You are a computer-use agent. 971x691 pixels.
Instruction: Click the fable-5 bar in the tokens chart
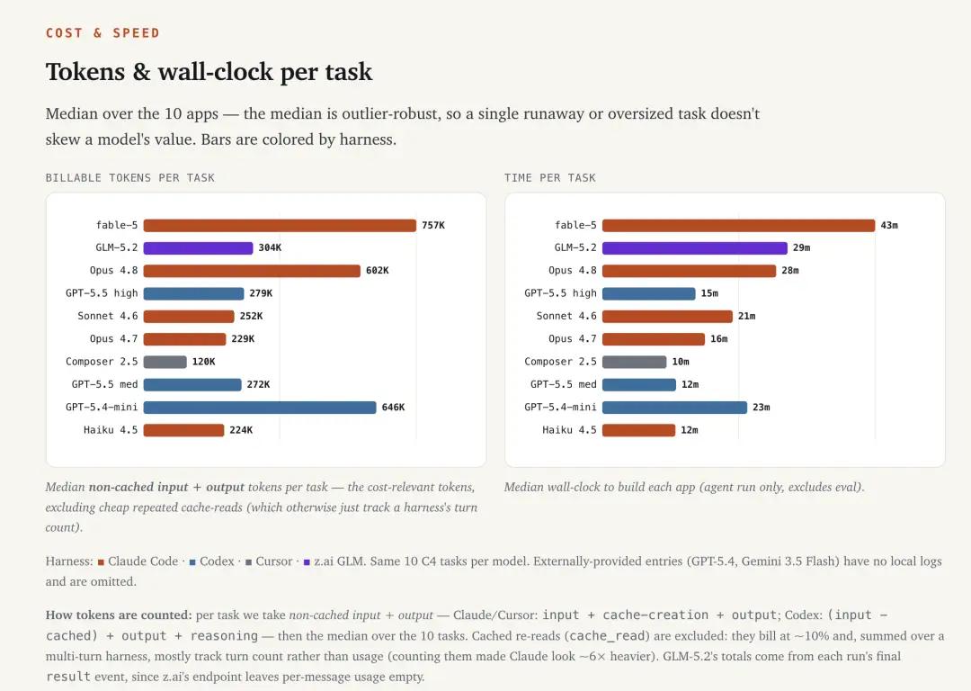point(280,226)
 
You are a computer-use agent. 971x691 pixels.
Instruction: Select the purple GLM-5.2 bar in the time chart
point(694,248)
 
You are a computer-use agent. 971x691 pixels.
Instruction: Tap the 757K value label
point(433,226)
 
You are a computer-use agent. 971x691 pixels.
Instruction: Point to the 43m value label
point(889,226)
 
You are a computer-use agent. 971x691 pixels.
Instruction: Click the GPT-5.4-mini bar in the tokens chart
point(260,408)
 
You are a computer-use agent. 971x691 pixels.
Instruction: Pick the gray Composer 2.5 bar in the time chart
point(634,362)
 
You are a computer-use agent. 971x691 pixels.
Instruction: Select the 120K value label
point(204,362)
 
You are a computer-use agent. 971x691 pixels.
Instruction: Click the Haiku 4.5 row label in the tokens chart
point(111,430)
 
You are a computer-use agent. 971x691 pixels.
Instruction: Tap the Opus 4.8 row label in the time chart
point(572,271)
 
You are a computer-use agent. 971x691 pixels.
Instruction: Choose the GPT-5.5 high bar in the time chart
point(648,293)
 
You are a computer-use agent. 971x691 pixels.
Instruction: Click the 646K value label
point(393,408)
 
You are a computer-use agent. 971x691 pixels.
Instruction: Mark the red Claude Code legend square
point(101,562)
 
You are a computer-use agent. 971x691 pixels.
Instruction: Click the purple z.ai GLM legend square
point(307,562)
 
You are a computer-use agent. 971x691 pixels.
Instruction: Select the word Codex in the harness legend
point(217,561)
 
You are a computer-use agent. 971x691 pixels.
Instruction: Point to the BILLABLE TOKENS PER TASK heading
point(130,178)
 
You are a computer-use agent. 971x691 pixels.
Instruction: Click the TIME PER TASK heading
point(550,178)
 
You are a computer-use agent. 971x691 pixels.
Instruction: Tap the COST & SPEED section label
point(102,33)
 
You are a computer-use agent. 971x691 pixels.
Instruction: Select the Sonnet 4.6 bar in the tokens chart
point(189,317)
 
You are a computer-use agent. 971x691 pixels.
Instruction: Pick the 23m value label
point(762,408)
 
